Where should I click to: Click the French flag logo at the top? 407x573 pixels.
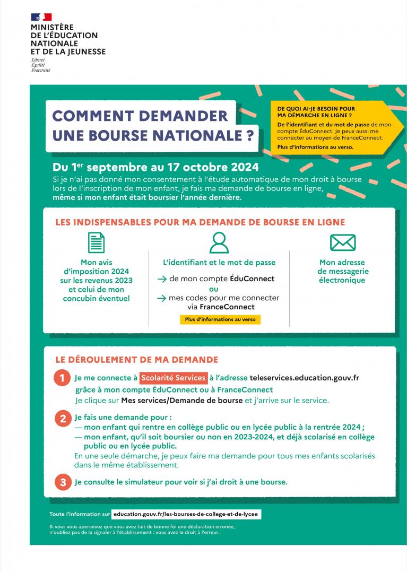pos(41,17)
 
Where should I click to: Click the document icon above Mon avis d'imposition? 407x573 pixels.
pos(96,242)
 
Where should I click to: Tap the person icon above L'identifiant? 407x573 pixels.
pos(219,242)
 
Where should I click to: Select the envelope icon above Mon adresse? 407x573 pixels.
pos(342,242)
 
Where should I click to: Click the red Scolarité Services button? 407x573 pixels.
pos(174,378)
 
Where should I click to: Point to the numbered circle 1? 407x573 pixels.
pos(62,378)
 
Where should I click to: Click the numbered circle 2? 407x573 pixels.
pos(62,418)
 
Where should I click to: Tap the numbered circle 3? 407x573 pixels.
pos(62,482)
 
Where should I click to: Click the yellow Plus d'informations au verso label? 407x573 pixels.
pos(220,319)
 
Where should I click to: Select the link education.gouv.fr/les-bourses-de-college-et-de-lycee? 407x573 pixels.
pos(187,514)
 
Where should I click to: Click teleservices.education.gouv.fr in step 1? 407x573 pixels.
pos(305,378)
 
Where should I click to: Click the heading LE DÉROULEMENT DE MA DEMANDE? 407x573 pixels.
pos(137,360)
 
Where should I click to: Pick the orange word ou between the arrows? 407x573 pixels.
pos(214,289)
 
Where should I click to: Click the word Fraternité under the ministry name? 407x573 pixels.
pos(41,70)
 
